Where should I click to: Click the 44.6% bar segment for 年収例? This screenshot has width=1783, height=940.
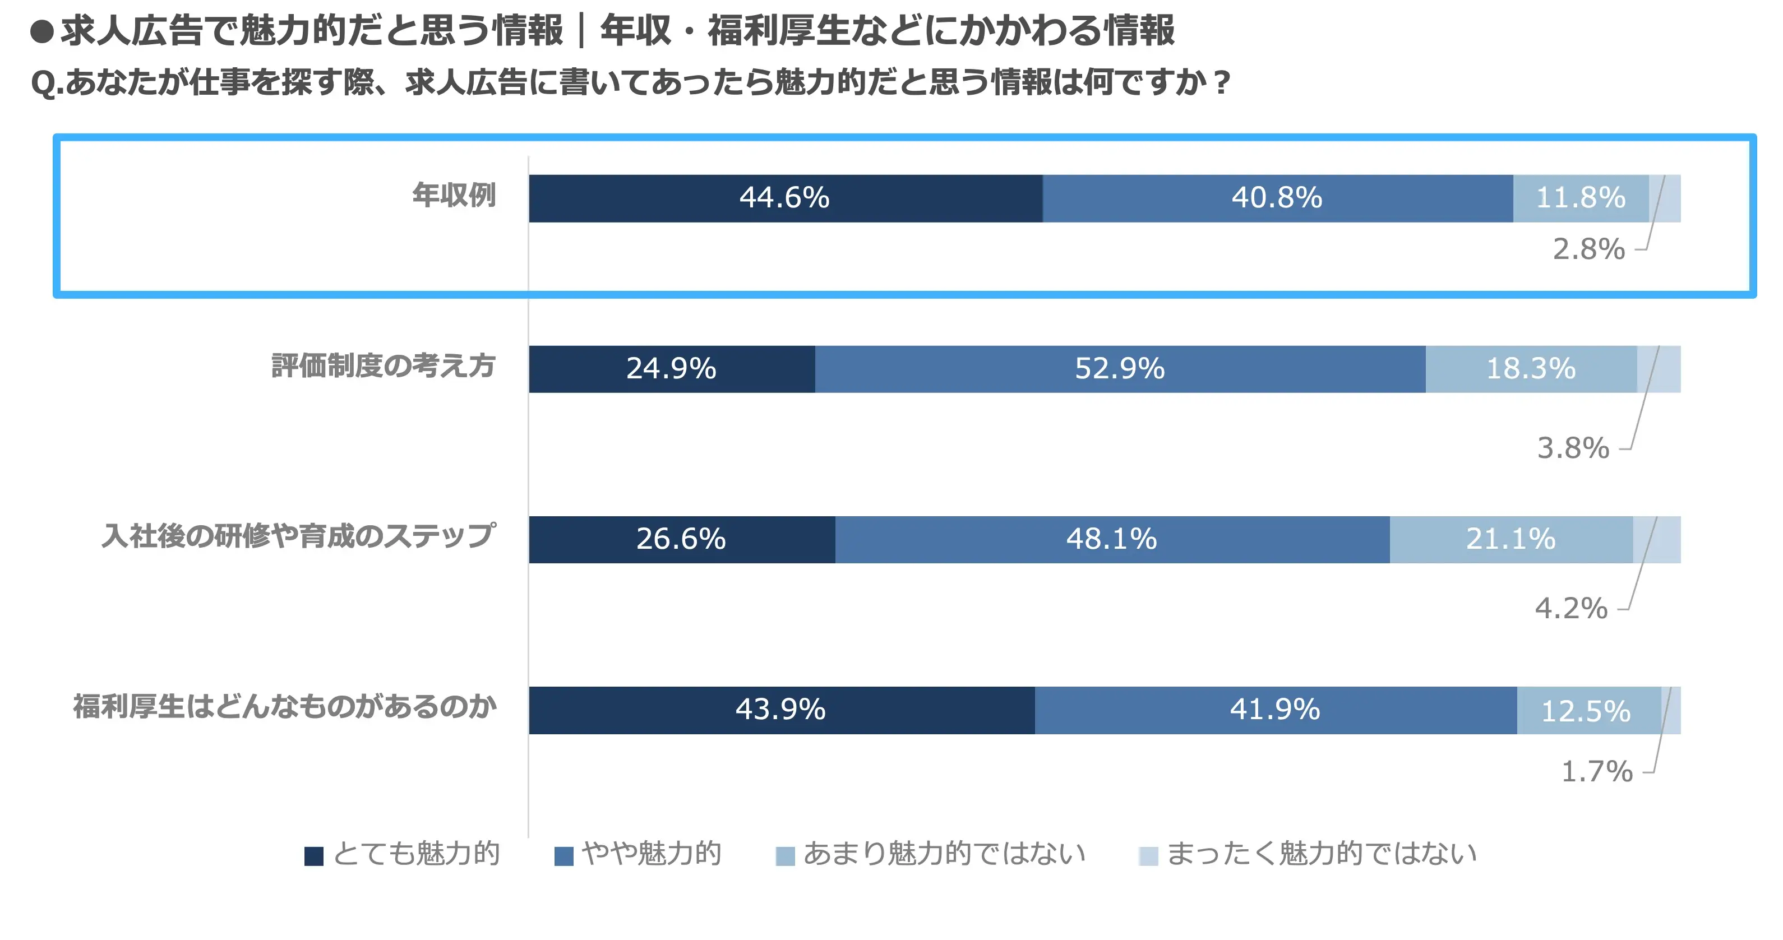(x=785, y=198)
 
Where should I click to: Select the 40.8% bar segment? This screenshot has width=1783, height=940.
(x=1277, y=198)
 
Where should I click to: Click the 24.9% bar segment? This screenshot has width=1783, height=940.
(x=671, y=369)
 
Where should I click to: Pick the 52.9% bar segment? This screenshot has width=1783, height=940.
(x=1119, y=369)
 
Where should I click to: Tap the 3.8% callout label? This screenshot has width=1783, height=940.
(x=1573, y=448)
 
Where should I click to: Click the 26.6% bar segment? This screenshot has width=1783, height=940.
(x=681, y=539)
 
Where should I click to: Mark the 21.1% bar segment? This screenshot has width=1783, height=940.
(x=1511, y=539)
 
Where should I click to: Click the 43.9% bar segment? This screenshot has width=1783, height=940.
(x=780, y=710)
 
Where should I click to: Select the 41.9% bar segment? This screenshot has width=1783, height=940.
(x=1275, y=710)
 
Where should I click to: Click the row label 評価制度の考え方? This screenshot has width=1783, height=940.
(x=384, y=366)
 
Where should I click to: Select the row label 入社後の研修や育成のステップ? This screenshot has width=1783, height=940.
(x=298, y=536)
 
